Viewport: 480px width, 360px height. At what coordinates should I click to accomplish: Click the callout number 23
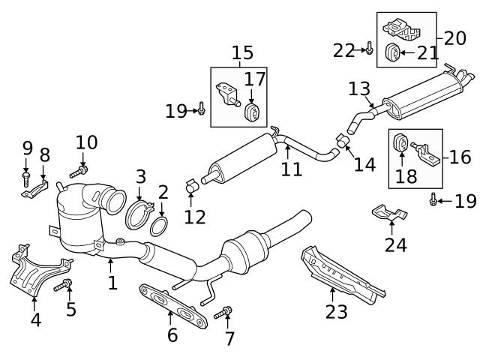coord(336,311)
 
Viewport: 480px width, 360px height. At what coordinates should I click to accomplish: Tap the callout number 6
coord(172,335)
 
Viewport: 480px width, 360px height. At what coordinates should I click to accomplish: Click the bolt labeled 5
coord(66,284)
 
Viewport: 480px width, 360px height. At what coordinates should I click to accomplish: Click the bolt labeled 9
coord(25,178)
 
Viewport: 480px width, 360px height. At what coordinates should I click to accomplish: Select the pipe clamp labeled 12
coord(190,182)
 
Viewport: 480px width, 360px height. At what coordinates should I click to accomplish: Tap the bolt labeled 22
coord(369,49)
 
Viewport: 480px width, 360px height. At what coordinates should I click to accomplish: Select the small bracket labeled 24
coord(388,214)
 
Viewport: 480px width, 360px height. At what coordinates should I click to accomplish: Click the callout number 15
coord(241,54)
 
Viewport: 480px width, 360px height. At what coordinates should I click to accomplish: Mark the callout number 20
coord(454,37)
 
